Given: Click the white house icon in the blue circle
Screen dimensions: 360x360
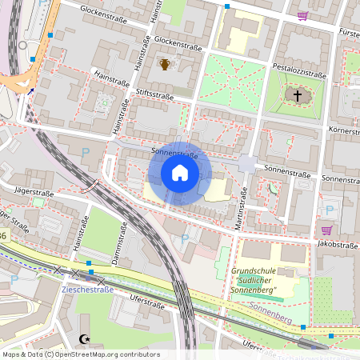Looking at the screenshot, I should (x=180, y=173).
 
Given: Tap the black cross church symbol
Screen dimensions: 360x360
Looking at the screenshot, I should (x=297, y=96).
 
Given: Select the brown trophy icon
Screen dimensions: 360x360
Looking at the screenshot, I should (x=165, y=63).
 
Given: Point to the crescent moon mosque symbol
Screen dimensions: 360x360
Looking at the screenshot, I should (x=86, y=339).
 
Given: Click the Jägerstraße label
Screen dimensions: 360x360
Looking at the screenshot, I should (x=34, y=193).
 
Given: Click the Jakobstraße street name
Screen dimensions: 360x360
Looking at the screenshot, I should (x=335, y=243).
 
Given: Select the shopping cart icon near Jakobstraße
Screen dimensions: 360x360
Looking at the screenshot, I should (x=326, y=208).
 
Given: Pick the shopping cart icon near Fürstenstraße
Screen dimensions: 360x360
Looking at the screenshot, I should (x=302, y=15).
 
